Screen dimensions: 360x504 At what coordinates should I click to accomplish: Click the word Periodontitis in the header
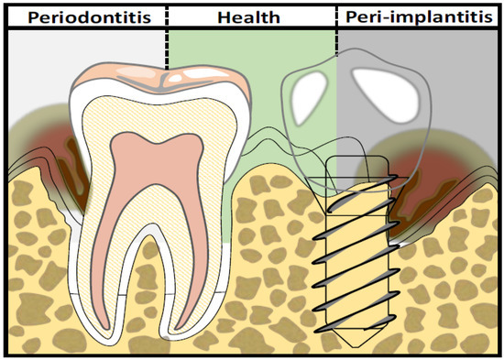coord(84,16)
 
